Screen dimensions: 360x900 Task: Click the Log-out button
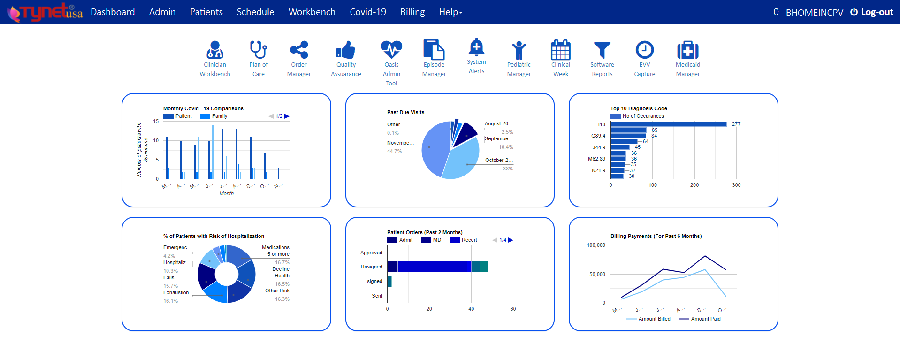coord(872,12)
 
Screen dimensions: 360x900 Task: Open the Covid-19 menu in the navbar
coord(368,12)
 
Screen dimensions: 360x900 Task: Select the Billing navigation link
coord(412,12)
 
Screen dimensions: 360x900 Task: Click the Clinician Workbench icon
coord(215,50)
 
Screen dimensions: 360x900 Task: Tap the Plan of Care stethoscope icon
coord(259,50)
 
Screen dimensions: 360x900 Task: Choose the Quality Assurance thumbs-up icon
coord(346,50)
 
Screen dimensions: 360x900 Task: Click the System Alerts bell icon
coord(476,47)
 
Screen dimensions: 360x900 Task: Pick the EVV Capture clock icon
coord(644,50)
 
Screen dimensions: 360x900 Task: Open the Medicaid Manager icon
coord(687,50)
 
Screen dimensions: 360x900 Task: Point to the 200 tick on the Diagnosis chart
coord(694,185)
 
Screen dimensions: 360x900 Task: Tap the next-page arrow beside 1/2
coord(287,116)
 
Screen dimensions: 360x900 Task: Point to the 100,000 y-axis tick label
coord(596,245)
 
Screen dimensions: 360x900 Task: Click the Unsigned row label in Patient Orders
coord(371,267)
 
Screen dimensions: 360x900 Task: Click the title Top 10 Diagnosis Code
coord(638,109)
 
